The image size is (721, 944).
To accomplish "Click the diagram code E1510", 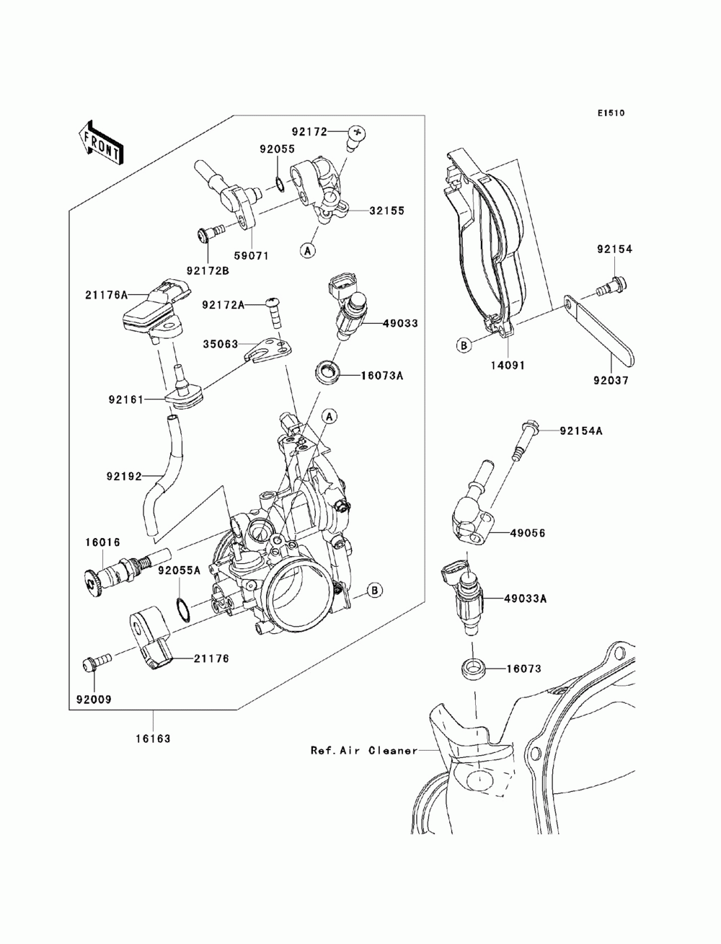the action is [x=611, y=113].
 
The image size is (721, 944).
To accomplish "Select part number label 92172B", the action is [x=208, y=270].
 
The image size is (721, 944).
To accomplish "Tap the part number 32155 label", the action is [x=387, y=211].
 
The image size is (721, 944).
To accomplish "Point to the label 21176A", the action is [x=106, y=295].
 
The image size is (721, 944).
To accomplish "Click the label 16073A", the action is [x=382, y=376].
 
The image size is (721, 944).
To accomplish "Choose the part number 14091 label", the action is [x=508, y=365].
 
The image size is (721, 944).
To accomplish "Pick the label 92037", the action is [x=611, y=380].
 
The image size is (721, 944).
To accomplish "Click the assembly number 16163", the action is [x=154, y=738].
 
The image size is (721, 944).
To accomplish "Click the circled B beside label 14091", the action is [x=464, y=345].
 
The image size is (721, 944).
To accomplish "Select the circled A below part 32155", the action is [x=307, y=250].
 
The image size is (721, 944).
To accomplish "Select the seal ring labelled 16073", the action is [x=473, y=669].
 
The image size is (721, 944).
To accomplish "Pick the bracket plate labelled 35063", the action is [x=269, y=350].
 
